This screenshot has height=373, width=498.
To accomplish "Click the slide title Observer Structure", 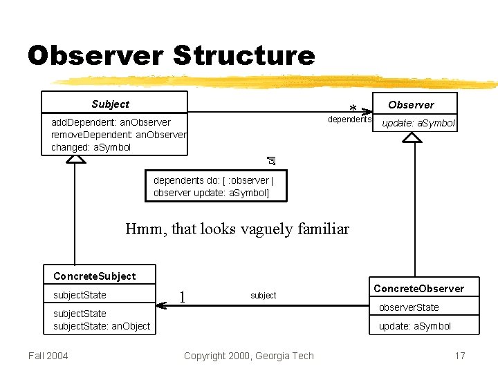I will point(171,55).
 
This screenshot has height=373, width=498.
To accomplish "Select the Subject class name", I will point(110,104).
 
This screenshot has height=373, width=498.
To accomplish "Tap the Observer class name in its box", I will point(411,105).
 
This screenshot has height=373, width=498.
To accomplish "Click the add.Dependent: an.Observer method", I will point(111,122).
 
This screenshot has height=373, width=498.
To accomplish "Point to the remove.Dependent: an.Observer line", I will point(118,135).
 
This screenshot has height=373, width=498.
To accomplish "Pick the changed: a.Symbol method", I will point(91,147).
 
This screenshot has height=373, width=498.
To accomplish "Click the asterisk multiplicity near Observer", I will point(353,109).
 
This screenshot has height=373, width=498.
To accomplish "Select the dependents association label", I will point(349,119).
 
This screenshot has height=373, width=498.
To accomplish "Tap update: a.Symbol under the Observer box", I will point(418,123).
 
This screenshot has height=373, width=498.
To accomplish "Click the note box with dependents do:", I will point(214,186).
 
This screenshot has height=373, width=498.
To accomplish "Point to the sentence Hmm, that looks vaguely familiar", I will point(237,229).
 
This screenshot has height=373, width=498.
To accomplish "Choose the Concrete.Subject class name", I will point(94,276).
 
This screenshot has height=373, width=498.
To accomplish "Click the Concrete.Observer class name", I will point(418,288).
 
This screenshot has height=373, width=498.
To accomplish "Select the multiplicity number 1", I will point(182,296).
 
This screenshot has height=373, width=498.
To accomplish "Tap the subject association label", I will point(263,296).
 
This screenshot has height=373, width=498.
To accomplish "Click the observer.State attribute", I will point(408,307).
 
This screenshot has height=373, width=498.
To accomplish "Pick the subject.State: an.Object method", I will point(102,326).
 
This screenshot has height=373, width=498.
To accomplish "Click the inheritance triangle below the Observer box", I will point(413,137).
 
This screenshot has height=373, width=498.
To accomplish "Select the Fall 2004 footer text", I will point(48,356).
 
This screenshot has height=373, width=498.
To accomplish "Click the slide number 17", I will point(460,356).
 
